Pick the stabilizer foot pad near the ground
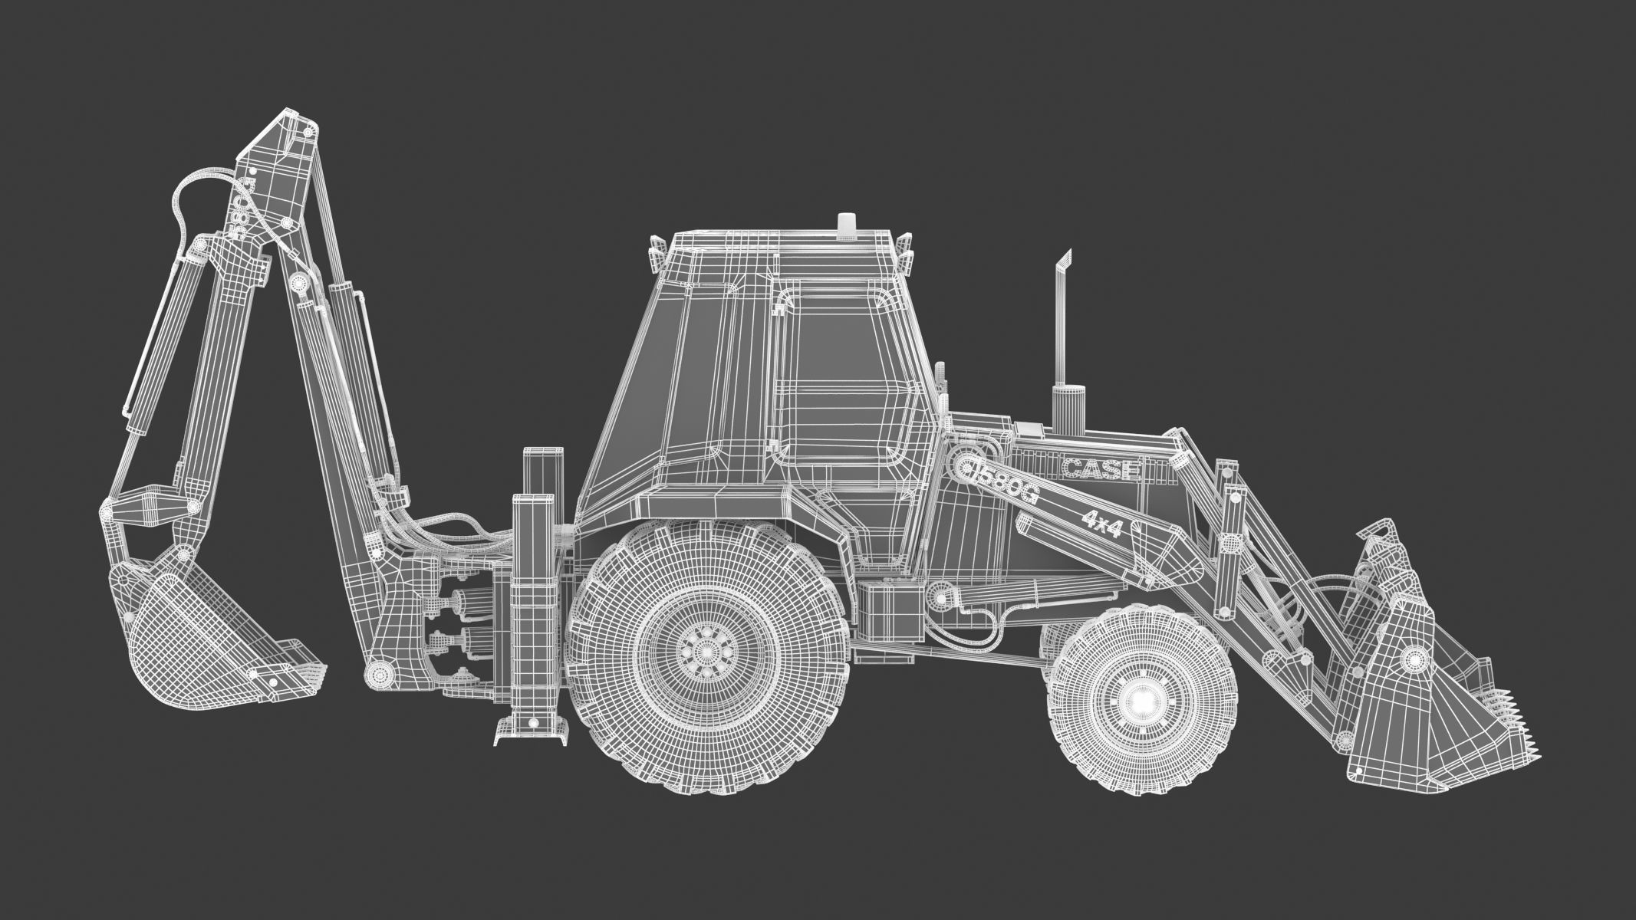[532, 734]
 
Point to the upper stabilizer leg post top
[544, 452]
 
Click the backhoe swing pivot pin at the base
[378, 674]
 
